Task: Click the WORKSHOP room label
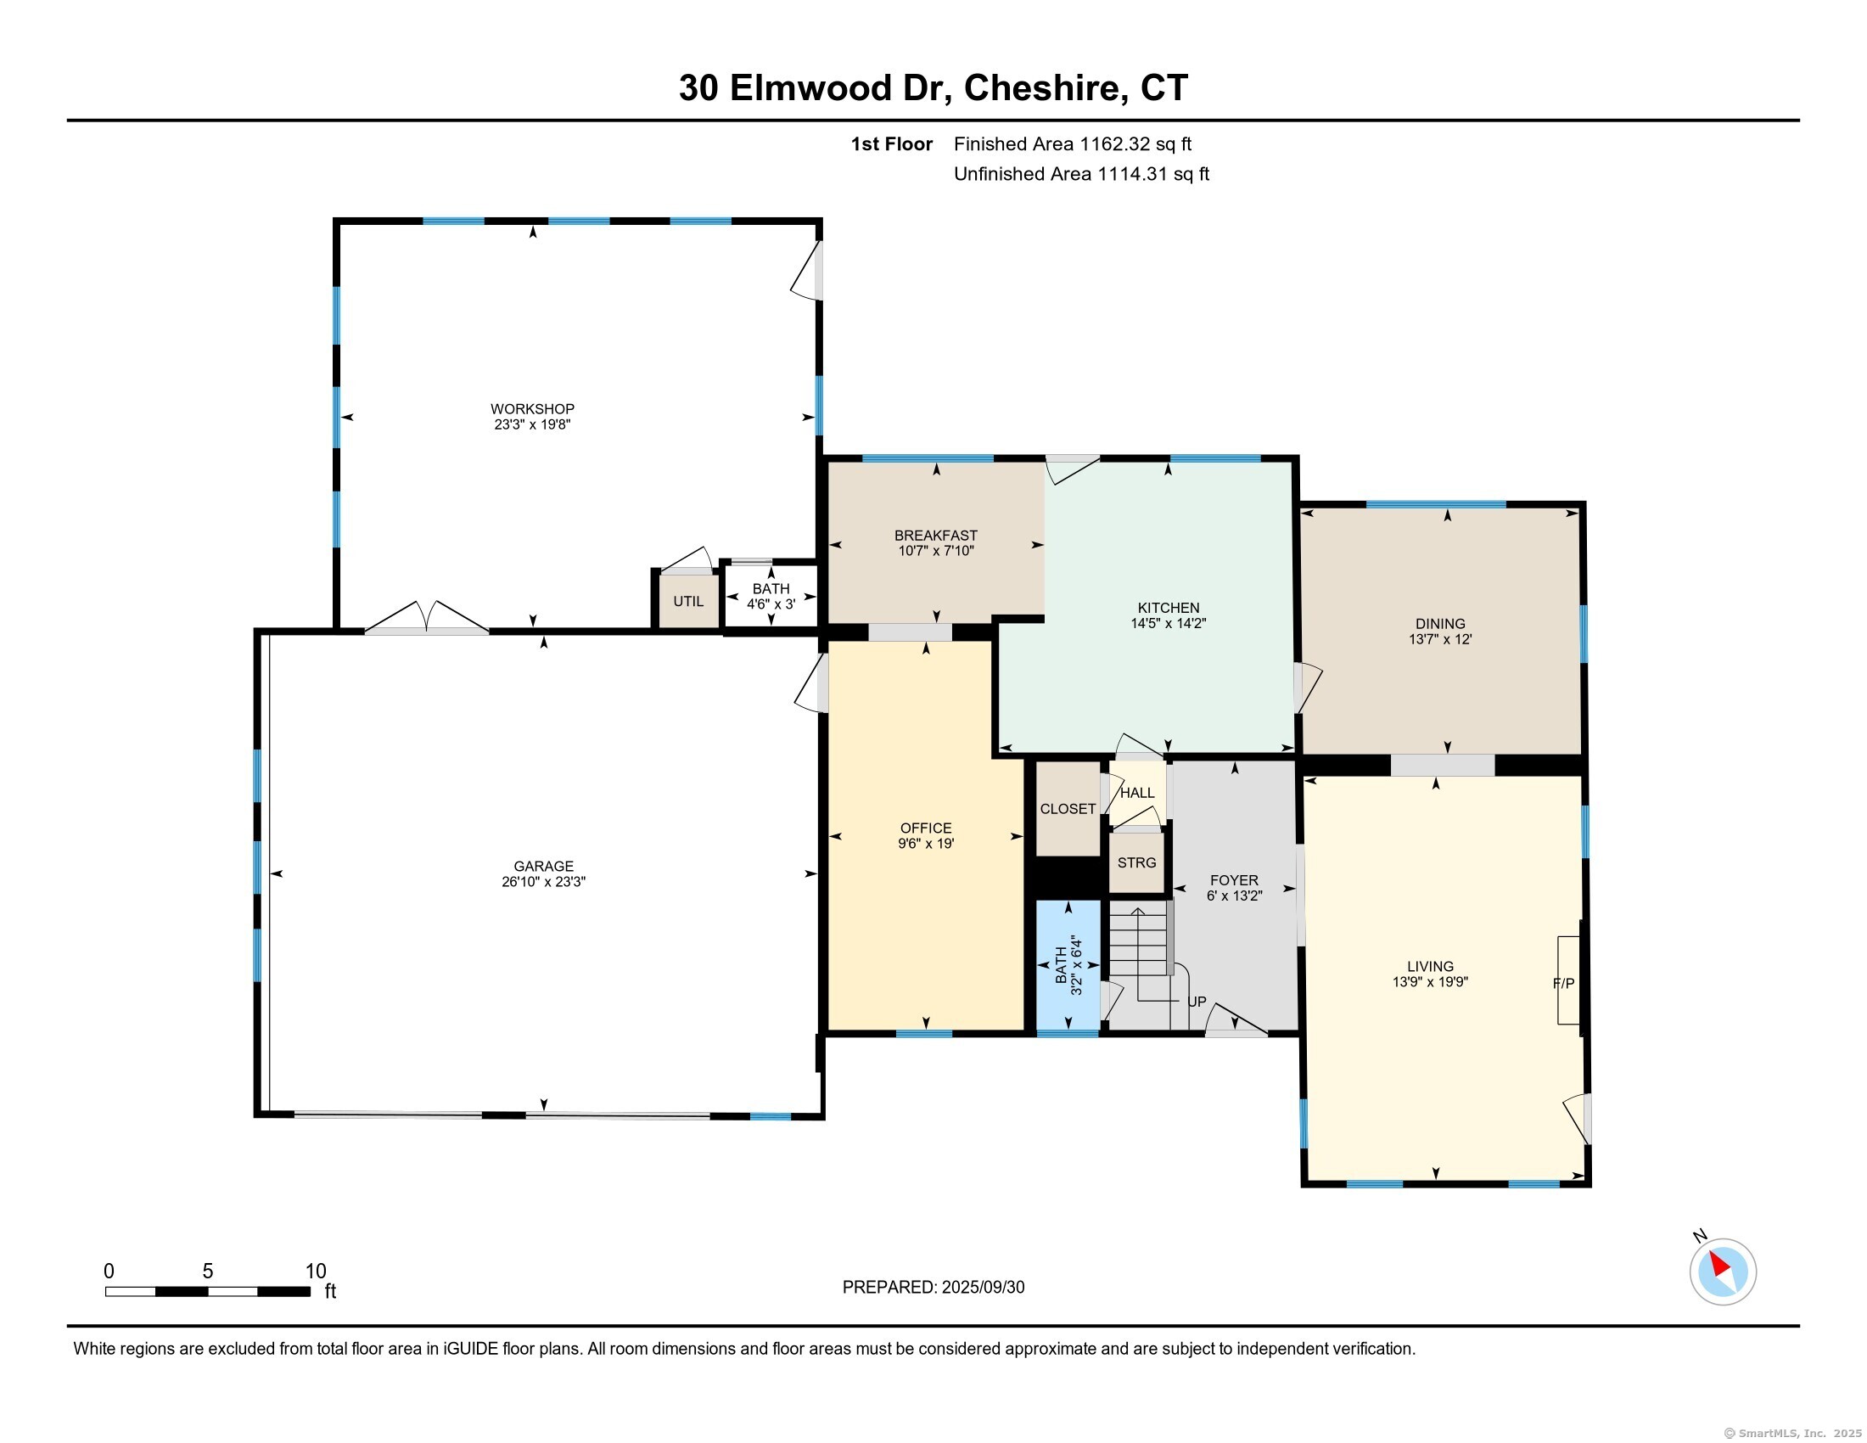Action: pos(532,408)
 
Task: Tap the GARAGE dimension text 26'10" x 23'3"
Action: pos(544,882)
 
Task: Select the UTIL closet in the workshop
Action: pos(688,601)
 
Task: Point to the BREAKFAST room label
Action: pos(936,536)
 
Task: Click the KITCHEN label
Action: pos(1169,608)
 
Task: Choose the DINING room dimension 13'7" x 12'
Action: pos(1440,638)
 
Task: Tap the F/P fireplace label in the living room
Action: pos(1563,984)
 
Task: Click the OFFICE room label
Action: pos(926,828)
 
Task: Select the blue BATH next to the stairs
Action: pos(1068,967)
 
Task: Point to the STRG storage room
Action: pos(1137,862)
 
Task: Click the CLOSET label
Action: pos(1068,809)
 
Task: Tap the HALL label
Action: pos(1138,794)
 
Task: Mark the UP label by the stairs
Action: pos(1197,1002)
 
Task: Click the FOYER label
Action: pos(1235,880)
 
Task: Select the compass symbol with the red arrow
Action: pos(1723,1272)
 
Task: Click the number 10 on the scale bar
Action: pos(317,1272)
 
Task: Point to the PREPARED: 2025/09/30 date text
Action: pos(933,1288)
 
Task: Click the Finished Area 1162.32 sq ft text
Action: pos(1073,144)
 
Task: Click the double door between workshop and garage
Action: pos(427,617)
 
